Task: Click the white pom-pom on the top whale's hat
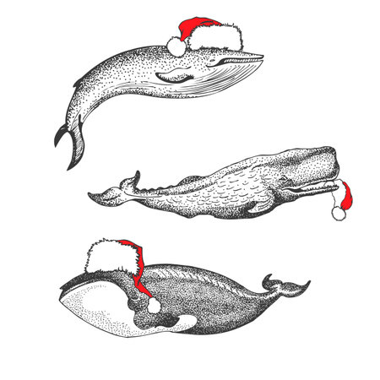tap(176, 46)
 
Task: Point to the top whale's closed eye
tap(221, 62)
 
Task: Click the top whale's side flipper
tap(172, 77)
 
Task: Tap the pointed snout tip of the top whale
tap(258, 57)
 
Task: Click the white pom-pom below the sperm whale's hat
tap(339, 213)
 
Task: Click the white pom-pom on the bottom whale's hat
tap(155, 305)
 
